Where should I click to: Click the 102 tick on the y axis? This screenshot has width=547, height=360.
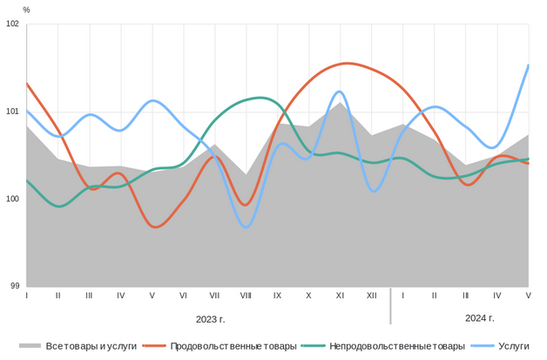[13, 24]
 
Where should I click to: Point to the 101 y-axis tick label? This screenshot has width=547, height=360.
[13, 112]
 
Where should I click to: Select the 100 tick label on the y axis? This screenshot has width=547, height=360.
[13, 199]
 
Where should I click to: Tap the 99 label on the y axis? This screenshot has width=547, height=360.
[15, 286]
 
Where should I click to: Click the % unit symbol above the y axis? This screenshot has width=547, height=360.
[26, 10]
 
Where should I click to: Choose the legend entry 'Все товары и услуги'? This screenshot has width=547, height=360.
[91, 346]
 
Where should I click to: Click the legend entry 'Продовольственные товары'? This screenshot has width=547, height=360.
[233, 346]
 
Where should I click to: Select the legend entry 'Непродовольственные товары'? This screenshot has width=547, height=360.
[396, 346]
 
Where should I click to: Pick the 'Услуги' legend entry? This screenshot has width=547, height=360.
[513, 346]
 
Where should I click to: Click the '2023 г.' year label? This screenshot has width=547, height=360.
[210, 318]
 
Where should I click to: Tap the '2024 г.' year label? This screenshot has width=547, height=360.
[480, 318]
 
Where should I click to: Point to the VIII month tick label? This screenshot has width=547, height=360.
[246, 296]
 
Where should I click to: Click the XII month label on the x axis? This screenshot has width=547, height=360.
[371, 296]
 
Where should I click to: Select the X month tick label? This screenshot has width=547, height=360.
[308, 296]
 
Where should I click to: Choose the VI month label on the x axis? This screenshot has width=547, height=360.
[183, 296]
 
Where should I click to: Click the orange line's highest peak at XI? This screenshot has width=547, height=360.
[347, 63]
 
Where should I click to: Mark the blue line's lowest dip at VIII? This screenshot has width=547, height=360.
[246, 227]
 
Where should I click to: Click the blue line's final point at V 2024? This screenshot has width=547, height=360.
[529, 65]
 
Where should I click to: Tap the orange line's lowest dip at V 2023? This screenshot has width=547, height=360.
[155, 227]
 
